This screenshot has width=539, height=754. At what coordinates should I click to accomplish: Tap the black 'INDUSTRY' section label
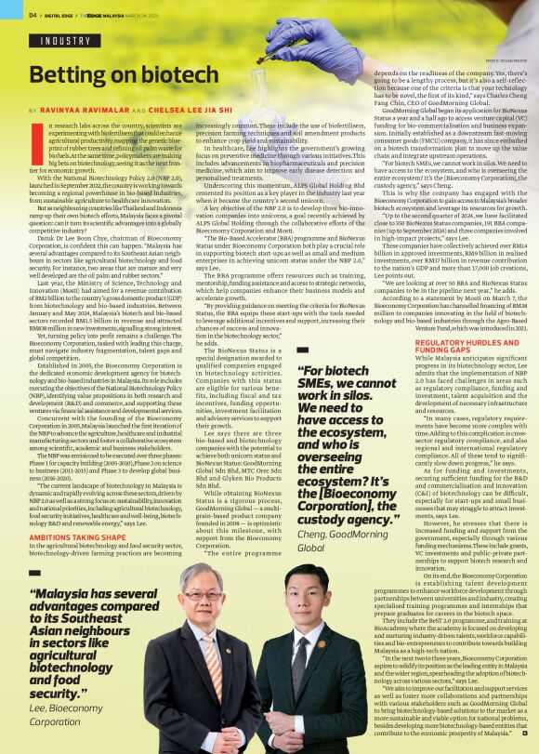click(x=65, y=41)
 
